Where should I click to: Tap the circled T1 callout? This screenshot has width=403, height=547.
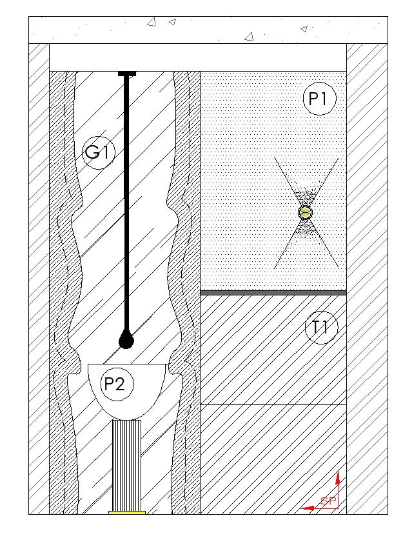click(x=320, y=328)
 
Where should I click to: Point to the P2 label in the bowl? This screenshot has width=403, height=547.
click(x=114, y=384)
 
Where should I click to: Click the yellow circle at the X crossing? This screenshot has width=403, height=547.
click(x=305, y=212)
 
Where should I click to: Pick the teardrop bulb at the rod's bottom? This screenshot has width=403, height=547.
click(x=126, y=340)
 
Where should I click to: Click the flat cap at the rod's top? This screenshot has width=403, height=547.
click(x=127, y=74)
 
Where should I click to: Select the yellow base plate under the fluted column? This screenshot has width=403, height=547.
click(x=126, y=513)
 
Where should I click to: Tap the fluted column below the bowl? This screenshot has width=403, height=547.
click(x=126, y=464)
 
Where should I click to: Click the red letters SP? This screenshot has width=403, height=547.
click(x=328, y=501)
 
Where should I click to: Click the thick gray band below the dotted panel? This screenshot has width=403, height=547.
click(x=273, y=293)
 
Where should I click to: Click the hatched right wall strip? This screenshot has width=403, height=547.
click(x=367, y=277)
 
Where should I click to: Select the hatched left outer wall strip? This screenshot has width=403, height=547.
click(x=39, y=277)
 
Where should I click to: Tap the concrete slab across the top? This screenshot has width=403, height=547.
click(x=208, y=30)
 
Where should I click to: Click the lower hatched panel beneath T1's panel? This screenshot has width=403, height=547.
click(x=273, y=459)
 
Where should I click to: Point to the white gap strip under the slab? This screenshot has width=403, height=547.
click(x=197, y=57)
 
